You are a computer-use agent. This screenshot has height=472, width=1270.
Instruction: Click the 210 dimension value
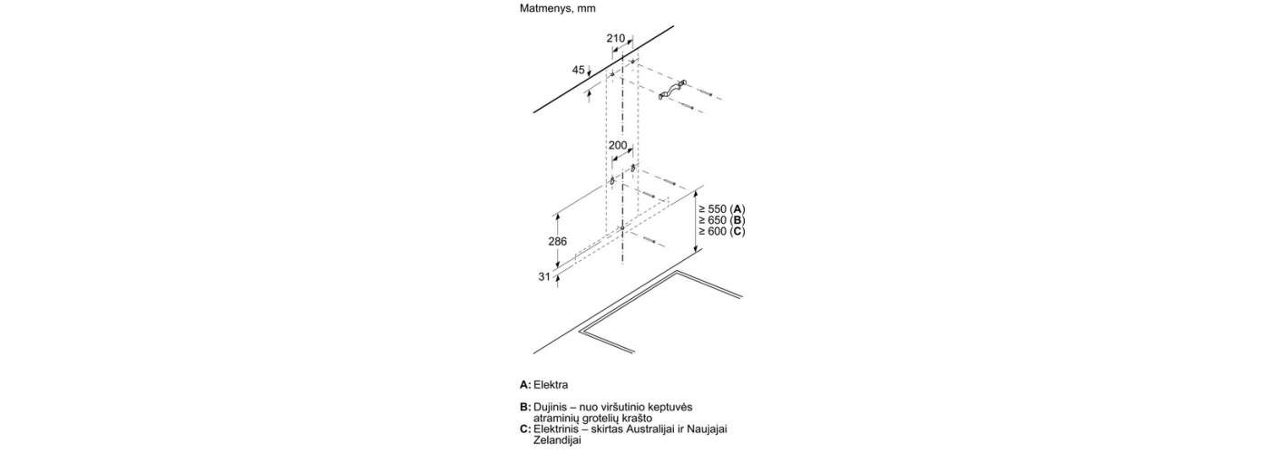tap(615, 38)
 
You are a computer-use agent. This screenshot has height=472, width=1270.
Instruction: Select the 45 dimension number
tap(579, 70)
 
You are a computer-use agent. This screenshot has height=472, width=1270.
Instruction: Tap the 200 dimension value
tap(618, 146)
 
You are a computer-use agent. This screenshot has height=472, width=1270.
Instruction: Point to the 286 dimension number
tap(557, 242)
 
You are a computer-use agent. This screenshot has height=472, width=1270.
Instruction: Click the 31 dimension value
tap(544, 276)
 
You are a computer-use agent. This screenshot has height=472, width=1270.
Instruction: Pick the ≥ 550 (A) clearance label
tap(722, 209)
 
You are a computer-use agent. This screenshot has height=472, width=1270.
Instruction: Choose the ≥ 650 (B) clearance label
tap(722, 220)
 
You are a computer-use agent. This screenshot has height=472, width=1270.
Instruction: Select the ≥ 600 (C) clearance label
tap(722, 232)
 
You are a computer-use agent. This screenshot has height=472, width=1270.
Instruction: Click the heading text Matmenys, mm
tap(557, 9)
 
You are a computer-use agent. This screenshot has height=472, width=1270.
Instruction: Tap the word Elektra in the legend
tap(552, 385)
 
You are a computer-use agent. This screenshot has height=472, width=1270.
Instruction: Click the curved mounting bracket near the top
tap(672, 91)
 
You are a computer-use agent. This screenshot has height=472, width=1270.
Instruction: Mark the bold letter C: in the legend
tap(525, 429)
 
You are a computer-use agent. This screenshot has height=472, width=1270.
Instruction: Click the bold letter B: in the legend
tap(525, 407)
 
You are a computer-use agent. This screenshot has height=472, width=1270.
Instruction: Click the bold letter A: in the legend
tap(525, 385)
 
